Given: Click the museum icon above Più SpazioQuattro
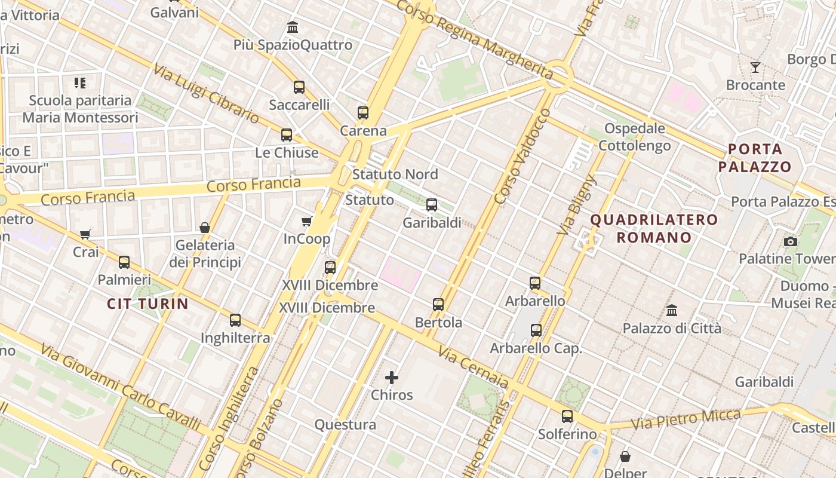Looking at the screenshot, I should tap(293, 27).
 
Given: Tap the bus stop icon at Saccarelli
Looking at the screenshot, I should tap(299, 87).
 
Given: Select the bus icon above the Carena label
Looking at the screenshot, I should tap(363, 112).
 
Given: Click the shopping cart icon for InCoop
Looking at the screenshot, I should tap(307, 222).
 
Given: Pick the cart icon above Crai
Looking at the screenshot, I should tap(85, 234).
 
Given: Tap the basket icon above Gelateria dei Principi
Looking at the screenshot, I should tap(205, 228).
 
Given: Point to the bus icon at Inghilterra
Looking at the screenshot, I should tap(235, 320).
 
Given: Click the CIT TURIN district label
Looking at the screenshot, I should tap(147, 304).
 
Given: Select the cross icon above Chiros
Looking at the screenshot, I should tap(392, 378).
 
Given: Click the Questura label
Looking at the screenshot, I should tap(345, 425).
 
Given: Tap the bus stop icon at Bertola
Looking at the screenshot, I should tap(438, 305).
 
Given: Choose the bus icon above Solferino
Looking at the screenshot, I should tap(567, 416).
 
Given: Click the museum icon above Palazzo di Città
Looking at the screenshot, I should tap(672, 311).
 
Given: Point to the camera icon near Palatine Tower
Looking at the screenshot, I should tap(791, 241).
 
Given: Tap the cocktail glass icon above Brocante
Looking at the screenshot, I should tap(755, 67).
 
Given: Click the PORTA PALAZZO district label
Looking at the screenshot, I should tap(755, 158).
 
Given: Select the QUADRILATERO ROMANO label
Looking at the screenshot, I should tap(654, 228).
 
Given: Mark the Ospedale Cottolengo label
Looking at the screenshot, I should tap(635, 137).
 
